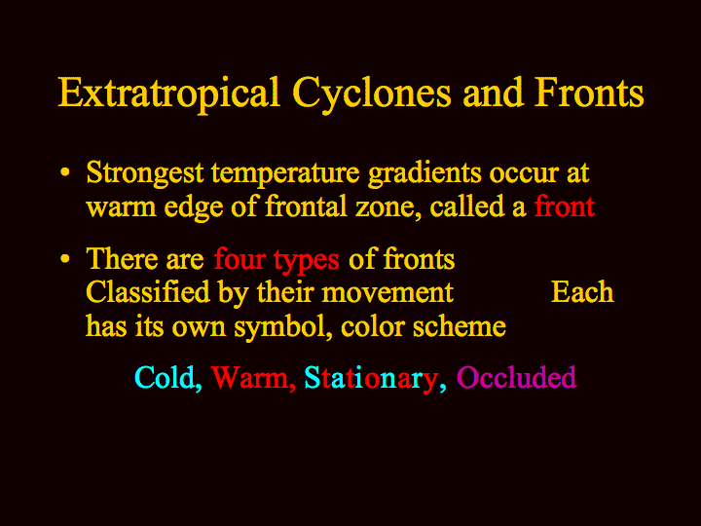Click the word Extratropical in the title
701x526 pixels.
tap(169, 94)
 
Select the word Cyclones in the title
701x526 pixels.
tap(372, 94)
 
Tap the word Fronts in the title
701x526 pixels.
tap(589, 94)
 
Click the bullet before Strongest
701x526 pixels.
tap(65, 172)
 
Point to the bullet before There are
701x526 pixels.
tap(65, 259)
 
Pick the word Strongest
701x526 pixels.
tap(145, 173)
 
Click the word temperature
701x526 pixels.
tap(285, 174)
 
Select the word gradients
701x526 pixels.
tap(424, 174)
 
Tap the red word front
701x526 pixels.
tap(564, 206)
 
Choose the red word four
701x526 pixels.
tap(240, 259)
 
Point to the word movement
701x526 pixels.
tap(387, 294)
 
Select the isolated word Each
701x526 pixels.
tap(582, 292)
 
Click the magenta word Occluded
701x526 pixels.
tap(516, 377)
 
